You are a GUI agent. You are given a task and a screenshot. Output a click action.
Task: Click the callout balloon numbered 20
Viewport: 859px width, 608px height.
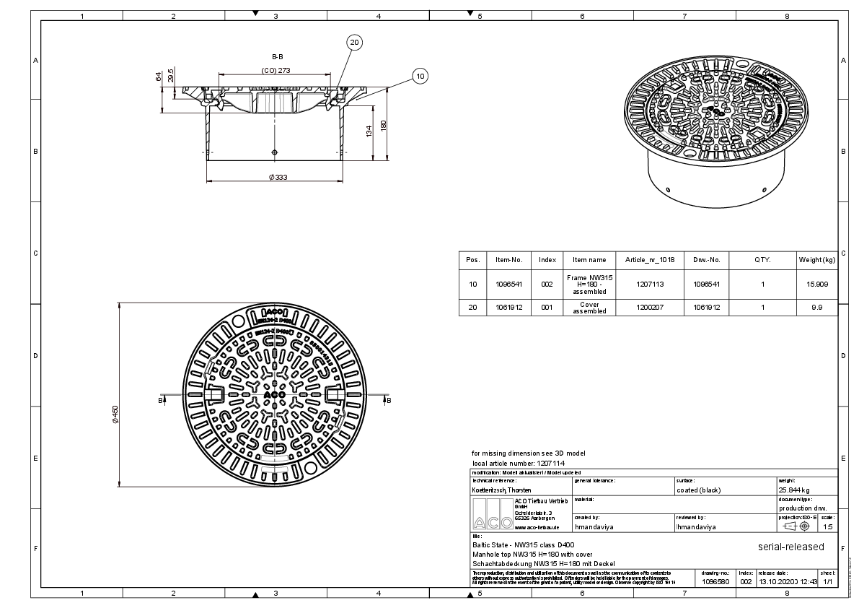click(354, 43)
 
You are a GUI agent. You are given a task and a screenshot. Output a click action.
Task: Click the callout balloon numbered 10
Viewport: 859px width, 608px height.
click(420, 75)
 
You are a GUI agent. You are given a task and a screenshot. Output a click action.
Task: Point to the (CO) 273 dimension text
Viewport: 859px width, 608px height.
click(276, 71)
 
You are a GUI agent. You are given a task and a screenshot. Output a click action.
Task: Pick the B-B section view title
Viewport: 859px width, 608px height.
click(276, 56)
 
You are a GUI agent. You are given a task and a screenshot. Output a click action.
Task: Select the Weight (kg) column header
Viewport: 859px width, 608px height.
click(816, 260)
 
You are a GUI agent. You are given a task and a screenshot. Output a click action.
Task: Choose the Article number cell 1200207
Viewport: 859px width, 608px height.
click(650, 308)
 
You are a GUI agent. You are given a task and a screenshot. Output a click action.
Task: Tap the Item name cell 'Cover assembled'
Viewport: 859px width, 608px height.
click(589, 308)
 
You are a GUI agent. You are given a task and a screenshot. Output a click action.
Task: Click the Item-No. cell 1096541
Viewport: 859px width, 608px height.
click(508, 285)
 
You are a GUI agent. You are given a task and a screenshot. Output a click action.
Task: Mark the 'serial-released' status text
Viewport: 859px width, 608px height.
click(790, 547)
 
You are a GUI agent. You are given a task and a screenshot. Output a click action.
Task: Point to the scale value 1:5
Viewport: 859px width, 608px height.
click(827, 527)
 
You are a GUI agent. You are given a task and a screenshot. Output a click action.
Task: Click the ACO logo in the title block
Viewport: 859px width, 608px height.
click(491, 516)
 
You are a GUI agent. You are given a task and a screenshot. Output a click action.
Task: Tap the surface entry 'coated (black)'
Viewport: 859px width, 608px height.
click(698, 490)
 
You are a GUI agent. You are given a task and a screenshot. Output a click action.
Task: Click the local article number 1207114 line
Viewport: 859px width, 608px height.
click(519, 462)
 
